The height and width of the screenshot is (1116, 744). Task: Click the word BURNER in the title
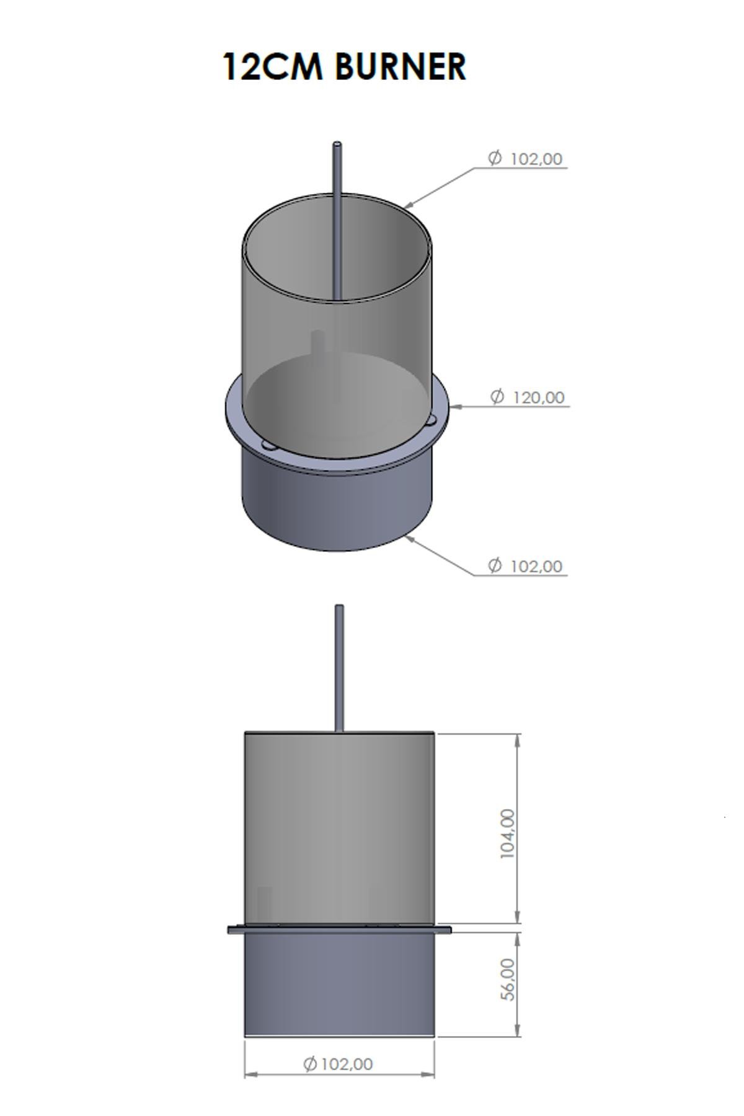click(x=401, y=67)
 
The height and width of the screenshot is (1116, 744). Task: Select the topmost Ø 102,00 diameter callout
click(x=526, y=159)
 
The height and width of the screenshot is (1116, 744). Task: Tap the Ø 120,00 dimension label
click(x=528, y=397)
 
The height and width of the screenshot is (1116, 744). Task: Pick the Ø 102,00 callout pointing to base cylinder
click(x=526, y=566)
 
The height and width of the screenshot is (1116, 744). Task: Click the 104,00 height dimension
click(x=507, y=833)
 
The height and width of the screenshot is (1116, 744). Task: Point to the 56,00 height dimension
click(x=507, y=979)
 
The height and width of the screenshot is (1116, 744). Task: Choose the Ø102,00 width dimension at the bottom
click(x=339, y=1064)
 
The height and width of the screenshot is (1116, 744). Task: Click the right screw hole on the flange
click(x=430, y=422)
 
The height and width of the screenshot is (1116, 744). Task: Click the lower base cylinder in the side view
click(x=339, y=983)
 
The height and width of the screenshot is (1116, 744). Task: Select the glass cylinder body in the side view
click(x=339, y=825)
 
